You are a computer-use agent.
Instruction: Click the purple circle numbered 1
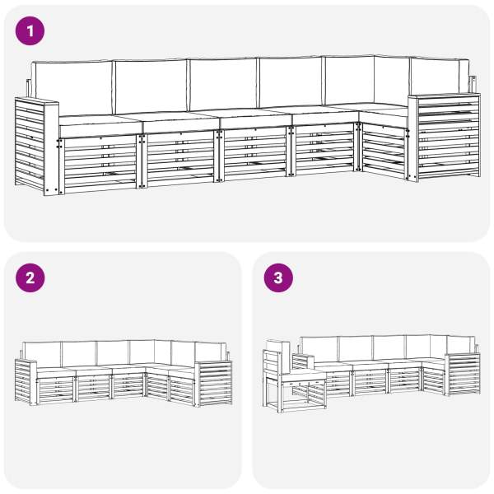(x=30, y=31)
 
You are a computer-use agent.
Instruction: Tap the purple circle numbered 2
(x=30, y=278)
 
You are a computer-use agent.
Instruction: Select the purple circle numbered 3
(x=278, y=278)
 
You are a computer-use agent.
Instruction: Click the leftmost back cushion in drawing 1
(x=72, y=87)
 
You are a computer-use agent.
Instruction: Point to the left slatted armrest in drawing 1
(x=36, y=147)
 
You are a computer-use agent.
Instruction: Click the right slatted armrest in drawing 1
(x=445, y=137)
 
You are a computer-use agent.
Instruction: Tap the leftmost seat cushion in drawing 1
(x=100, y=125)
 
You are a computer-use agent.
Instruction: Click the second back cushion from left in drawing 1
(x=151, y=86)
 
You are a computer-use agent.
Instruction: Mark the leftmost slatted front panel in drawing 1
(x=100, y=164)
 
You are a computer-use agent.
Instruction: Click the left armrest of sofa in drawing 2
(x=26, y=382)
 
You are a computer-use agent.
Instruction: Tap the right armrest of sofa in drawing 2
(x=213, y=384)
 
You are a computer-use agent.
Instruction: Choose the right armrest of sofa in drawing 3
(x=463, y=375)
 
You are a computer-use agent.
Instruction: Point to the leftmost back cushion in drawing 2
(x=42, y=354)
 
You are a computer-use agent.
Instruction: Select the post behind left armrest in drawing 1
(x=29, y=89)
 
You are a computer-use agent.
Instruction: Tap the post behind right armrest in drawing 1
(x=473, y=85)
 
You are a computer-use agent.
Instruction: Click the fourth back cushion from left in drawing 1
(x=291, y=82)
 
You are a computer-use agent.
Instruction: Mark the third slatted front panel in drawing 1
(x=254, y=155)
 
